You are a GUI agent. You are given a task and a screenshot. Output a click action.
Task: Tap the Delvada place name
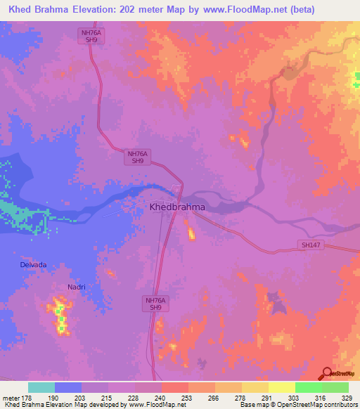point(34,265)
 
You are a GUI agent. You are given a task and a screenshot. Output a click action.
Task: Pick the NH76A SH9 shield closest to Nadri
point(155,304)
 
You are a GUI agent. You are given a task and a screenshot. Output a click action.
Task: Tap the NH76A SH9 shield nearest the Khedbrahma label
point(138,157)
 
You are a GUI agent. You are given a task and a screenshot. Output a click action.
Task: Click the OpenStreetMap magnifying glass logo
point(327,374)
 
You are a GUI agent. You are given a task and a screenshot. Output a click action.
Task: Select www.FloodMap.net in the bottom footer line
point(153,405)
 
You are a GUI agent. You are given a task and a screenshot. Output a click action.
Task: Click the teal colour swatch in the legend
point(41,387)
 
